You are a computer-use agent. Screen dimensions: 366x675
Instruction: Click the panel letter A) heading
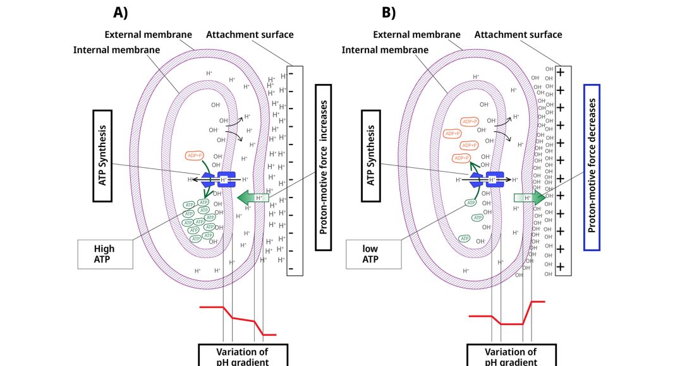[121, 12]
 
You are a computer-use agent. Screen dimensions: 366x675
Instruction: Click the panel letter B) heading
[389, 12]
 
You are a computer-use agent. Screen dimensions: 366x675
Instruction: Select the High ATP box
[105, 254]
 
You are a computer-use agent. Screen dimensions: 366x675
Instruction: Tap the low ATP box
[374, 254]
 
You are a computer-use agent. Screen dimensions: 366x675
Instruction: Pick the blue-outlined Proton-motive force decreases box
[592, 167]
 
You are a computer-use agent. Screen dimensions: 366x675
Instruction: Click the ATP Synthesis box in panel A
[103, 155]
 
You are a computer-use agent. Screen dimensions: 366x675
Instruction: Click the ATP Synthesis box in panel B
[371, 155]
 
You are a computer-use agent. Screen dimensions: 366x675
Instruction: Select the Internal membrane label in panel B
[385, 49]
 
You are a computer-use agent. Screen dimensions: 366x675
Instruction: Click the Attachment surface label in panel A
[250, 34]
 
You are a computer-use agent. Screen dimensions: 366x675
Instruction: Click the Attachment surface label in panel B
[518, 34]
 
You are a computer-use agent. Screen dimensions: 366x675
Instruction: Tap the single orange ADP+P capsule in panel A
[194, 155]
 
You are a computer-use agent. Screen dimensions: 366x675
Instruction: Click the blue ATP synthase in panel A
[219, 180]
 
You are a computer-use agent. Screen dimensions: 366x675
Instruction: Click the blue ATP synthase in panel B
[487, 180]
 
